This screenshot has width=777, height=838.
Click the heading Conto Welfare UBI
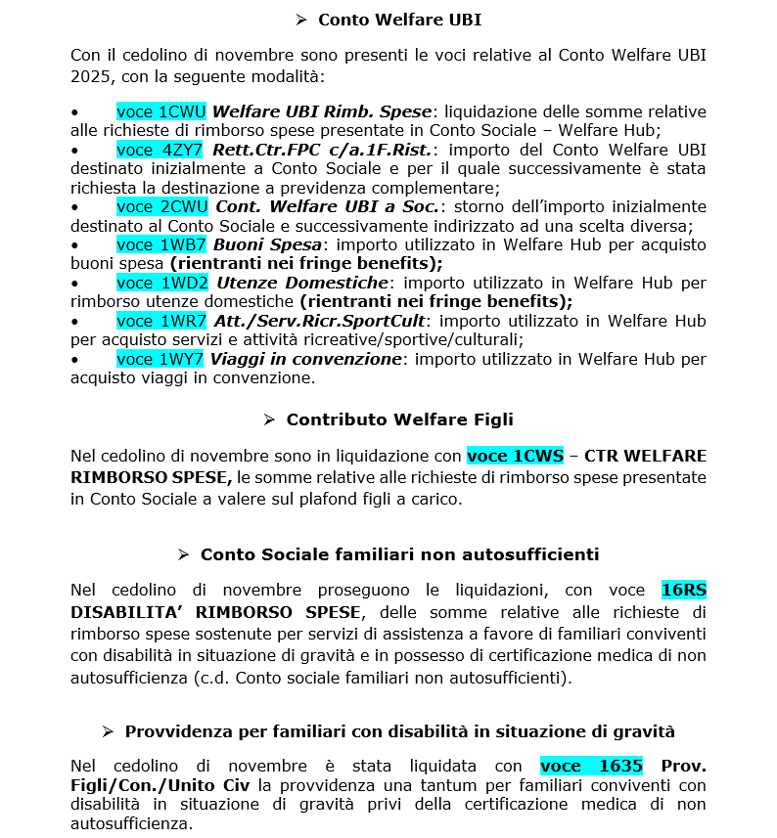point(399,20)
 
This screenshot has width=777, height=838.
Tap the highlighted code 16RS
point(683,590)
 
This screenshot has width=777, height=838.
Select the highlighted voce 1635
point(591,766)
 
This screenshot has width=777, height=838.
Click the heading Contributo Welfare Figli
point(399,419)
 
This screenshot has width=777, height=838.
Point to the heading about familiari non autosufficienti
point(399,554)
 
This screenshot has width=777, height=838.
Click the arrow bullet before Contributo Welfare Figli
point(269,419)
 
